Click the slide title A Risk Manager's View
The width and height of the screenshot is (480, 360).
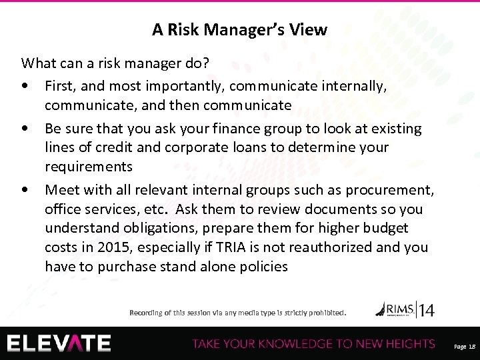click(x=239, y=29)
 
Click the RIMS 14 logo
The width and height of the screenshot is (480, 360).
click(x=405, y=309)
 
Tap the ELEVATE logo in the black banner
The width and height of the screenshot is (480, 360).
click(x=59, y=343)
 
